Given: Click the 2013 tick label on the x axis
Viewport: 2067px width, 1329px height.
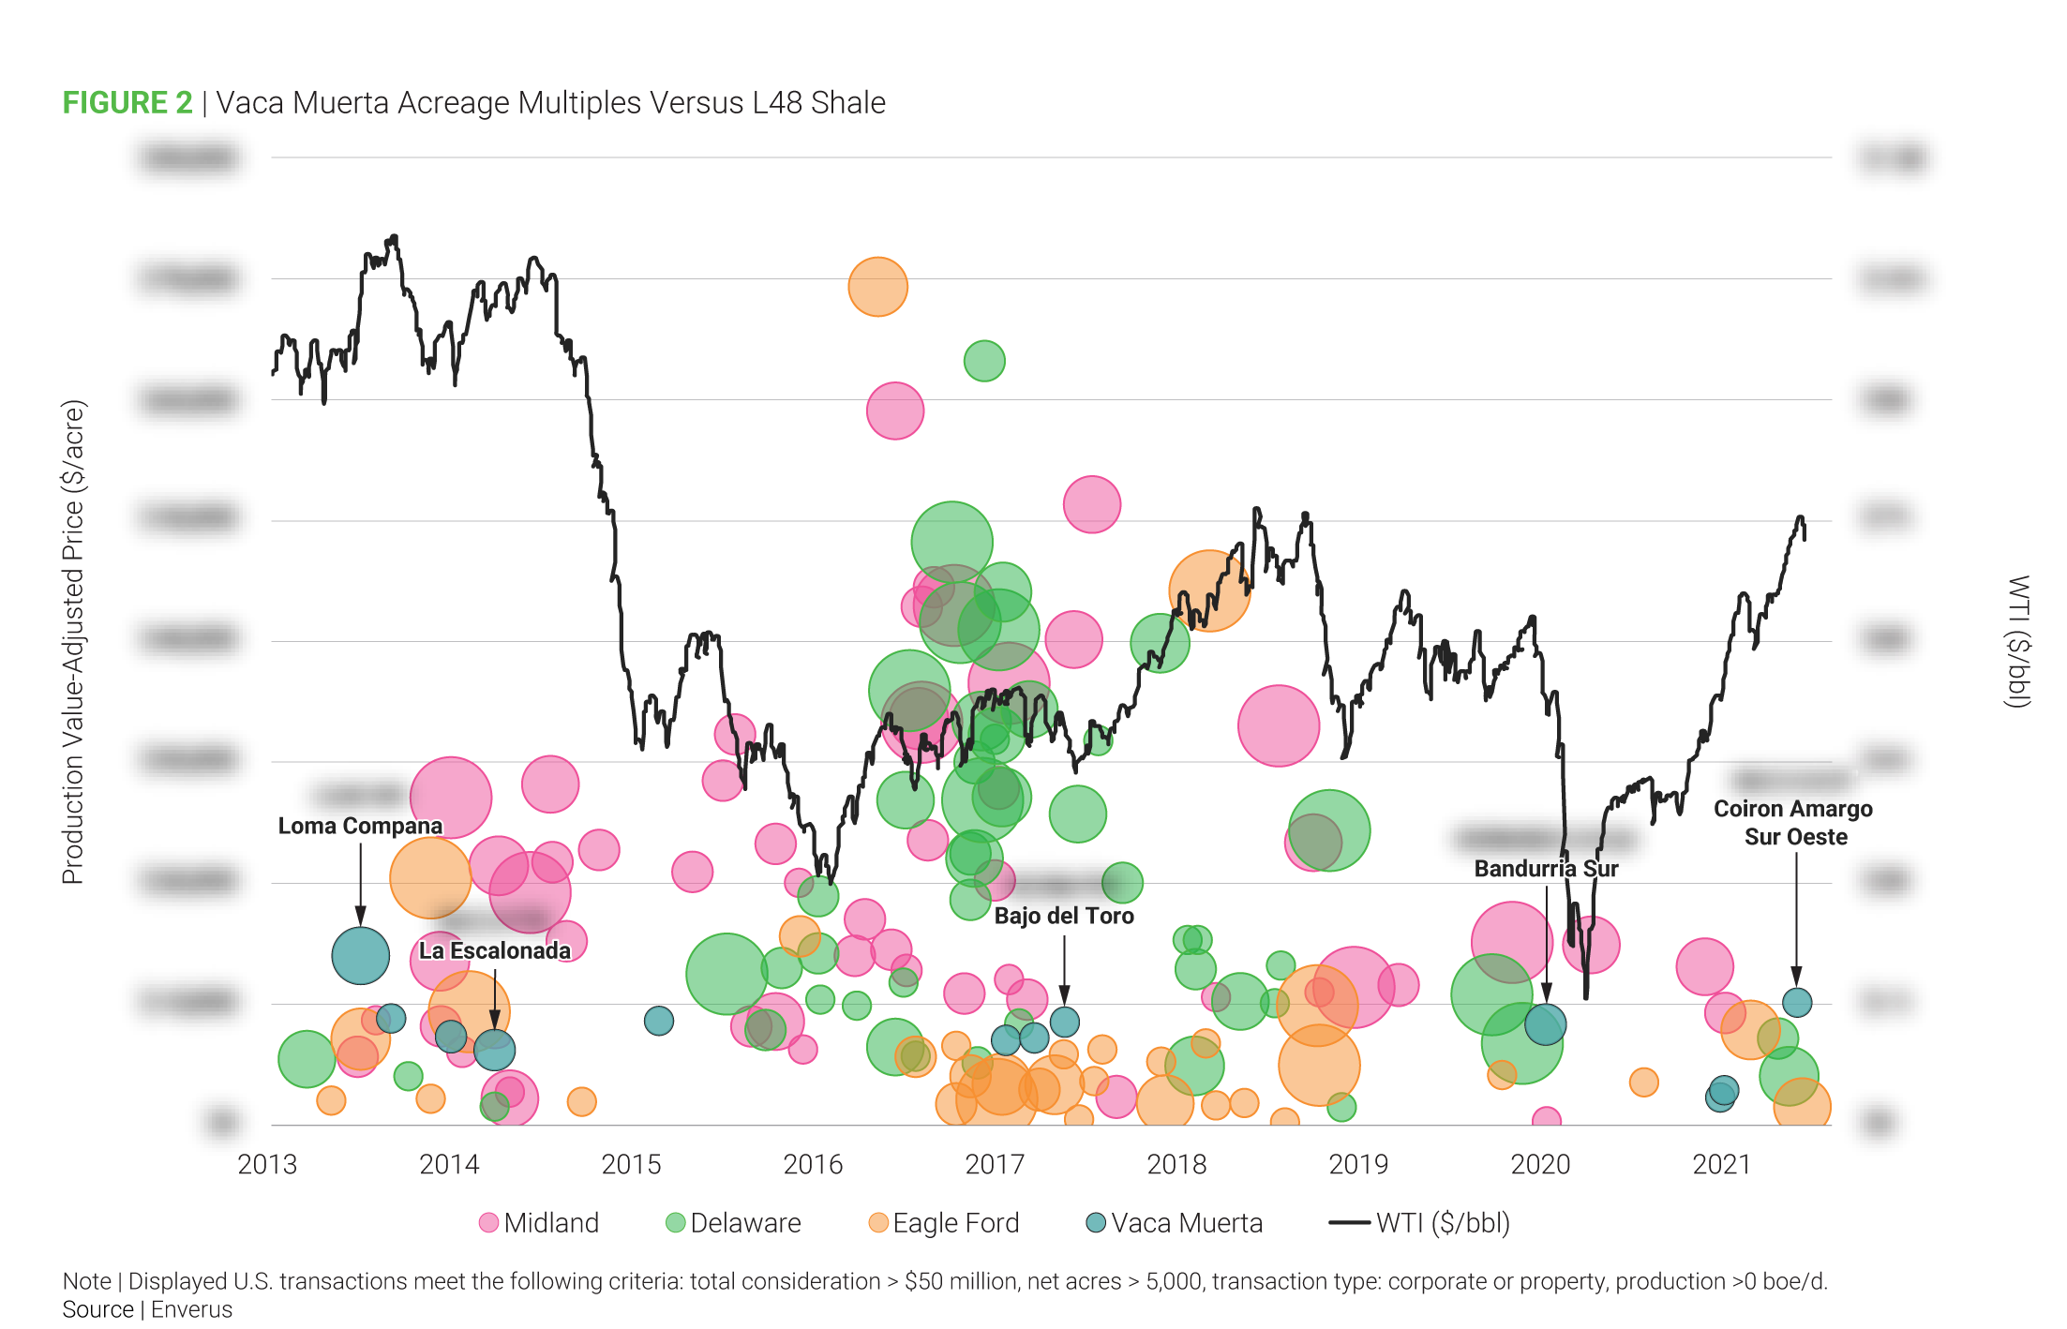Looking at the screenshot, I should coord(267,1164).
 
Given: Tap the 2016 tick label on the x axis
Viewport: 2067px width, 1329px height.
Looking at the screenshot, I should coord(813,1164).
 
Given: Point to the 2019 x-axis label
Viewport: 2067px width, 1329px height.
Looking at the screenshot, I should coord(1358,1164).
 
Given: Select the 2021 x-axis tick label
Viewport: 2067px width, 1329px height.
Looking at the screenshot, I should coord(1722,1164).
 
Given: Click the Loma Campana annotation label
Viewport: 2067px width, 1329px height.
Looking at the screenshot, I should coord(360,826).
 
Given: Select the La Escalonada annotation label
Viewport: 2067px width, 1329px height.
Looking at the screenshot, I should coord(494,950).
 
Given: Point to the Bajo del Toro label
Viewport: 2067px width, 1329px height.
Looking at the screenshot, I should coord(1064,916).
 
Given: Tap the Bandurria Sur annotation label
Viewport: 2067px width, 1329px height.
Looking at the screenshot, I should coord(1546,869).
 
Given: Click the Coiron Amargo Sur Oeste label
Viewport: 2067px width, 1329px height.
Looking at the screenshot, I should coord(1794,822).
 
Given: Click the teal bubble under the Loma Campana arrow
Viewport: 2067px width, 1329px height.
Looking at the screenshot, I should coord(361,955).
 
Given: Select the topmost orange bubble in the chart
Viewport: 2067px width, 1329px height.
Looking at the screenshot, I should coord(878,287).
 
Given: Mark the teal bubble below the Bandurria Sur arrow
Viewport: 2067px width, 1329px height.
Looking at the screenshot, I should coord(1545,1024).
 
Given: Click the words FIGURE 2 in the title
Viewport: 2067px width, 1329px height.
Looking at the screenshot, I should coord(127,102).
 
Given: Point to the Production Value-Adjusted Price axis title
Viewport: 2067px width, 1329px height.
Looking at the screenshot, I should coord(73,642).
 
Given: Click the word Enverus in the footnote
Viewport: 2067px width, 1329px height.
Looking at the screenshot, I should coord(192,1309).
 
